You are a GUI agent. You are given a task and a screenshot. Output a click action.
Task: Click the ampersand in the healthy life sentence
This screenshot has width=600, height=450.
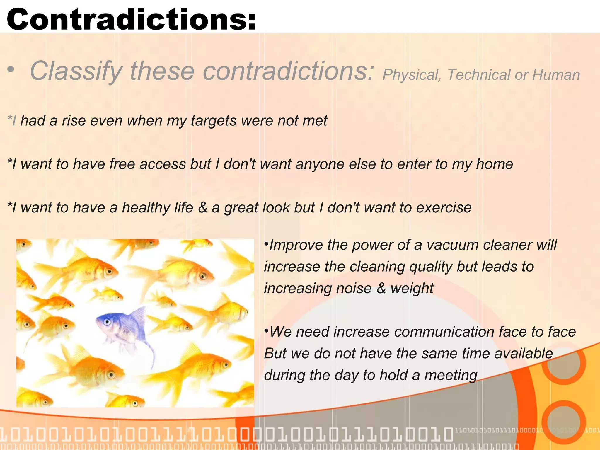coord(202,207)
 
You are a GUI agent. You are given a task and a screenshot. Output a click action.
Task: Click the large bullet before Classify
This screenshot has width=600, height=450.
coord(11,70)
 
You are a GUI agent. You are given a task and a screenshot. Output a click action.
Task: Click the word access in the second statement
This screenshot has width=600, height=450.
coord(163,164)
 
